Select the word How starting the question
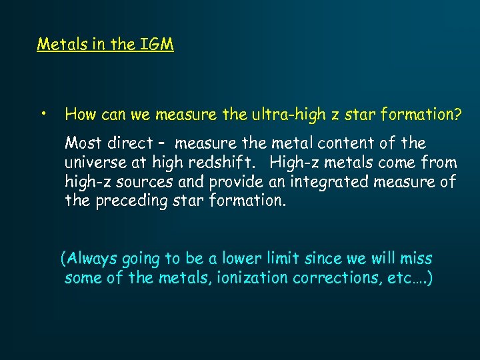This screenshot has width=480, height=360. coord(79,115)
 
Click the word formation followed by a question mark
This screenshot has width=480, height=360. coord(419,115)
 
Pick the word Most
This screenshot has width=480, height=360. coord(83,143)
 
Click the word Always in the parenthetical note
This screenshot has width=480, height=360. coord(91,259)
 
